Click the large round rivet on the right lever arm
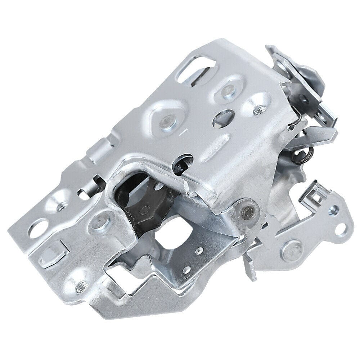[292, 250]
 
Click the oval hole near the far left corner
[39, 229]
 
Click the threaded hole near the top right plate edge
[257, 108]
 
